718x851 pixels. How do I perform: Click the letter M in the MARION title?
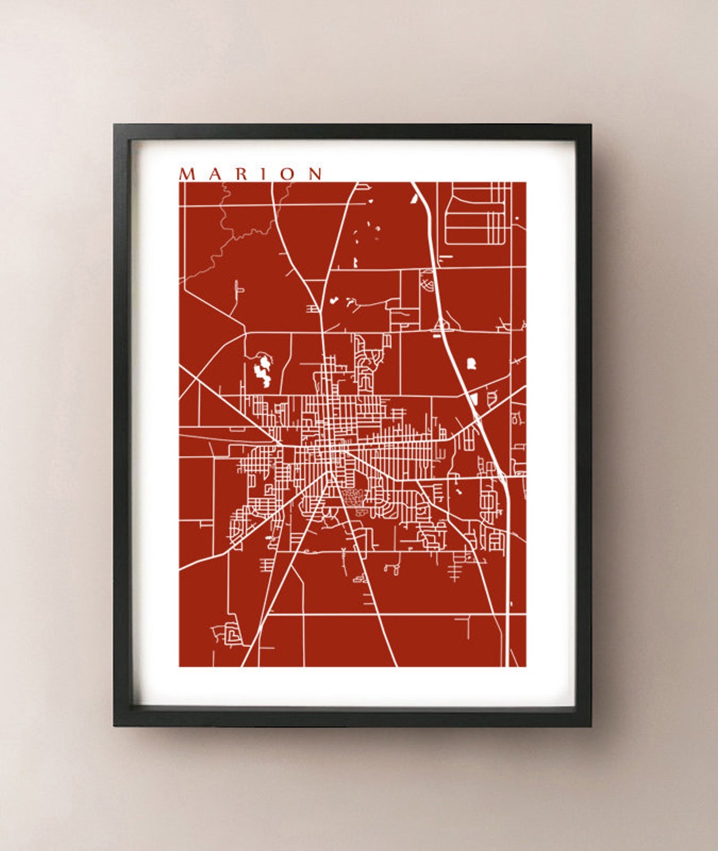pos(187,174)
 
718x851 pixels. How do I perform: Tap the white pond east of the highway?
pos(470,363)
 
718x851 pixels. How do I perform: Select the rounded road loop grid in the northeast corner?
pos(476,214)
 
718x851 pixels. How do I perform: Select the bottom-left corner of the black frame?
pos(116,724)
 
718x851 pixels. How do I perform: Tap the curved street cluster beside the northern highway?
pos(428,282)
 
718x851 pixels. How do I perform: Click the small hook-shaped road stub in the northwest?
pos(238,289)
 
